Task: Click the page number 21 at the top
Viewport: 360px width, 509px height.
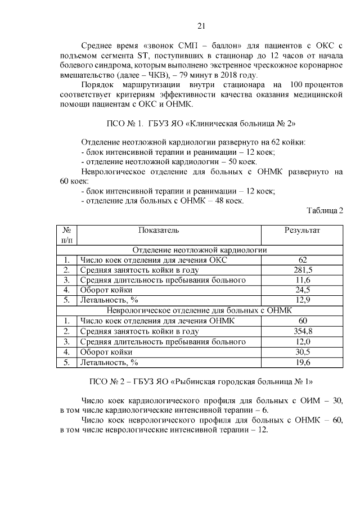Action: (x=202, y=25)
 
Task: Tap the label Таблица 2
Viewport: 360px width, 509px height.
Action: (x=325, y=211)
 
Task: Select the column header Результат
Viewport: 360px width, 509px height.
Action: (x=302, y=230)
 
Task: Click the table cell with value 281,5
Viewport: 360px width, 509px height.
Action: (x=303, y=270)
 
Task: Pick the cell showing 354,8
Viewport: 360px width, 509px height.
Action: (x=303, y=331)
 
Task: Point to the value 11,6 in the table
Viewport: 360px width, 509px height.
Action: (x=303, y=280)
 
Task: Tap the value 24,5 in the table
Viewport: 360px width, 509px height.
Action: (x=303, y=290)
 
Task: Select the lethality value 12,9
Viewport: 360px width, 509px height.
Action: (x=303, y=300)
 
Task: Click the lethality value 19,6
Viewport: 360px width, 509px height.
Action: (x=303, y=362)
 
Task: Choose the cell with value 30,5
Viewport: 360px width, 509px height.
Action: (x=303, y=352)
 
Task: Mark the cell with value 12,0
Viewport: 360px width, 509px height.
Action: (x=303, y=342)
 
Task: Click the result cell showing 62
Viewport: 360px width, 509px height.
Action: (x=303, y=260)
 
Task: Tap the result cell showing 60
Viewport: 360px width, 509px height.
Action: (x=303, y=321)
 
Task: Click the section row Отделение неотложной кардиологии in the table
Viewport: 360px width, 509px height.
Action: (x=199, y=250)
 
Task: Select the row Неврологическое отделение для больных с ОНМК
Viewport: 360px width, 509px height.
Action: (x=199, y=310)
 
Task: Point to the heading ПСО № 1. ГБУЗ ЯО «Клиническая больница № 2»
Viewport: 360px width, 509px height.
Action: (x=201, y=123)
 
